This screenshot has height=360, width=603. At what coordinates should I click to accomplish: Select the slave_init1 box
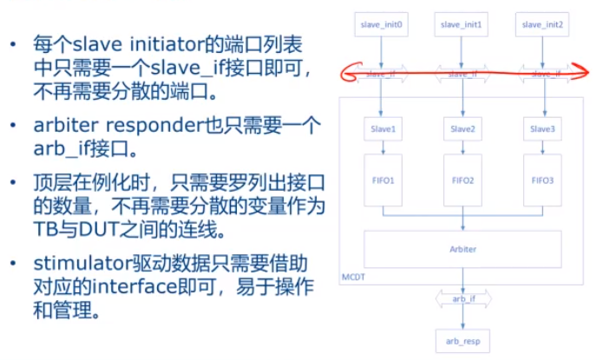point(462,25)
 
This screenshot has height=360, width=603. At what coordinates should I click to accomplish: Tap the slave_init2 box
point(544,25)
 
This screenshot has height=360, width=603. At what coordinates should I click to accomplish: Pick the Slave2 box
point(462,129)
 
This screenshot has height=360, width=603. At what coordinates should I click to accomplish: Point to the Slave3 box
point(544,129)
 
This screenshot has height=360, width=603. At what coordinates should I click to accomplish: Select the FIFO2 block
point(462,180)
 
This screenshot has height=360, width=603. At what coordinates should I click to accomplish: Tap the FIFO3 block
point(544,180)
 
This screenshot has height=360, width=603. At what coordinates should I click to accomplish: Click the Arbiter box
point(462,247)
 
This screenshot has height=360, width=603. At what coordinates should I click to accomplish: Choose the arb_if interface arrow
point(462,299)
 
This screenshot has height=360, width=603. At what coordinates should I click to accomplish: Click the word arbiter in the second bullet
point(62,124)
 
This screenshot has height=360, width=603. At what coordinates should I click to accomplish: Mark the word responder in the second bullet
point(151,124)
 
